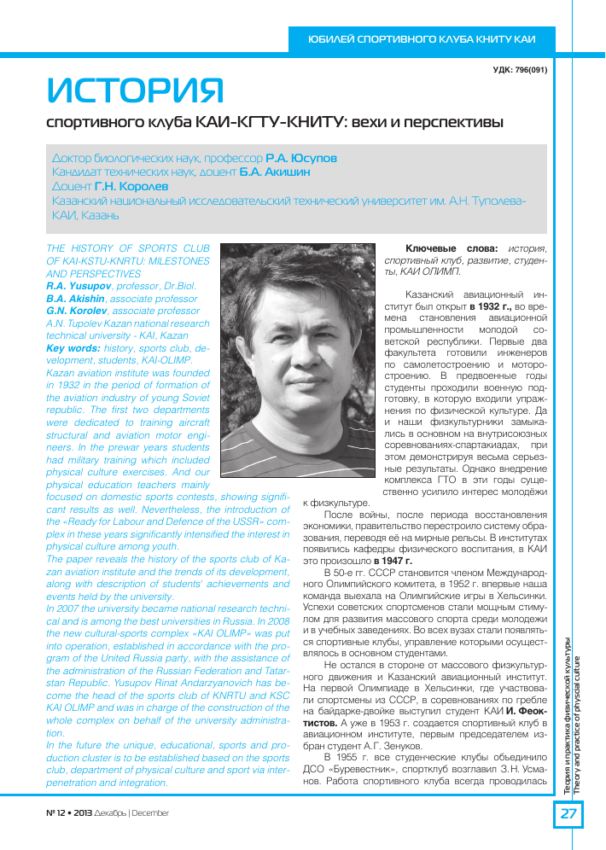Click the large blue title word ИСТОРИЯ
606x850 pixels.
point(135,89)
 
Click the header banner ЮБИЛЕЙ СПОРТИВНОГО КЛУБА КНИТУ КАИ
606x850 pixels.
point(422,39)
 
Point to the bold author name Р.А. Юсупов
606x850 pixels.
point(301,159)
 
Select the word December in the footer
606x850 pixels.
point(150,813)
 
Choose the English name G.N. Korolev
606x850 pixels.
point(83,311)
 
